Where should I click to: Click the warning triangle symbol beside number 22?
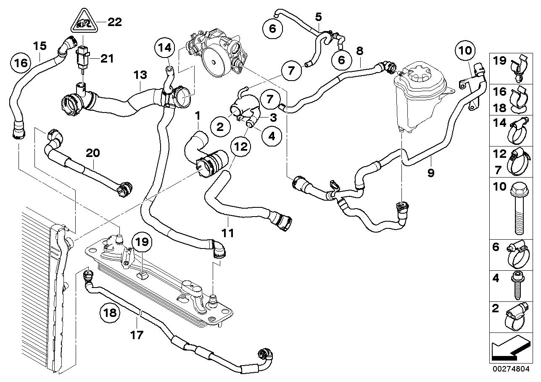tap(84, 23)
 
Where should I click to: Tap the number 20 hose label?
tap(93, 153)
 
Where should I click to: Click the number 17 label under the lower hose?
tap(137, 335)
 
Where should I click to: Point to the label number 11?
tap(228, 231)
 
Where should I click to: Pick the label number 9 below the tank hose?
tap(430, 172)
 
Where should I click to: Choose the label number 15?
tap(40, 45)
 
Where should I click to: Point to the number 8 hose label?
tap(360, 51)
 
